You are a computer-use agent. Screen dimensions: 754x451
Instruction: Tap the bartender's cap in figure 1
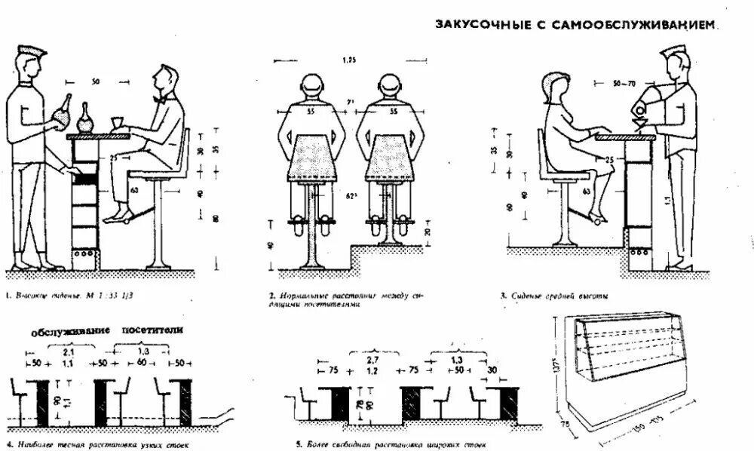[32, 51]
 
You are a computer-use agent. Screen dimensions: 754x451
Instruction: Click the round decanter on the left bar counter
[85, 119]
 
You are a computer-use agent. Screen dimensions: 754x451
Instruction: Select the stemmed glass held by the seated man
[117, 122]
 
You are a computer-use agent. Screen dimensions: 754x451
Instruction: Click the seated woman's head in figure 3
[556, 89]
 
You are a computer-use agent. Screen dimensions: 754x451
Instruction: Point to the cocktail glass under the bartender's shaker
[639, 122]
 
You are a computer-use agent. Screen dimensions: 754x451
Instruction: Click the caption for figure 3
[553, 296]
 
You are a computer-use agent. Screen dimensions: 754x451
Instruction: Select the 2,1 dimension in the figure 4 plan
[69, 352]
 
